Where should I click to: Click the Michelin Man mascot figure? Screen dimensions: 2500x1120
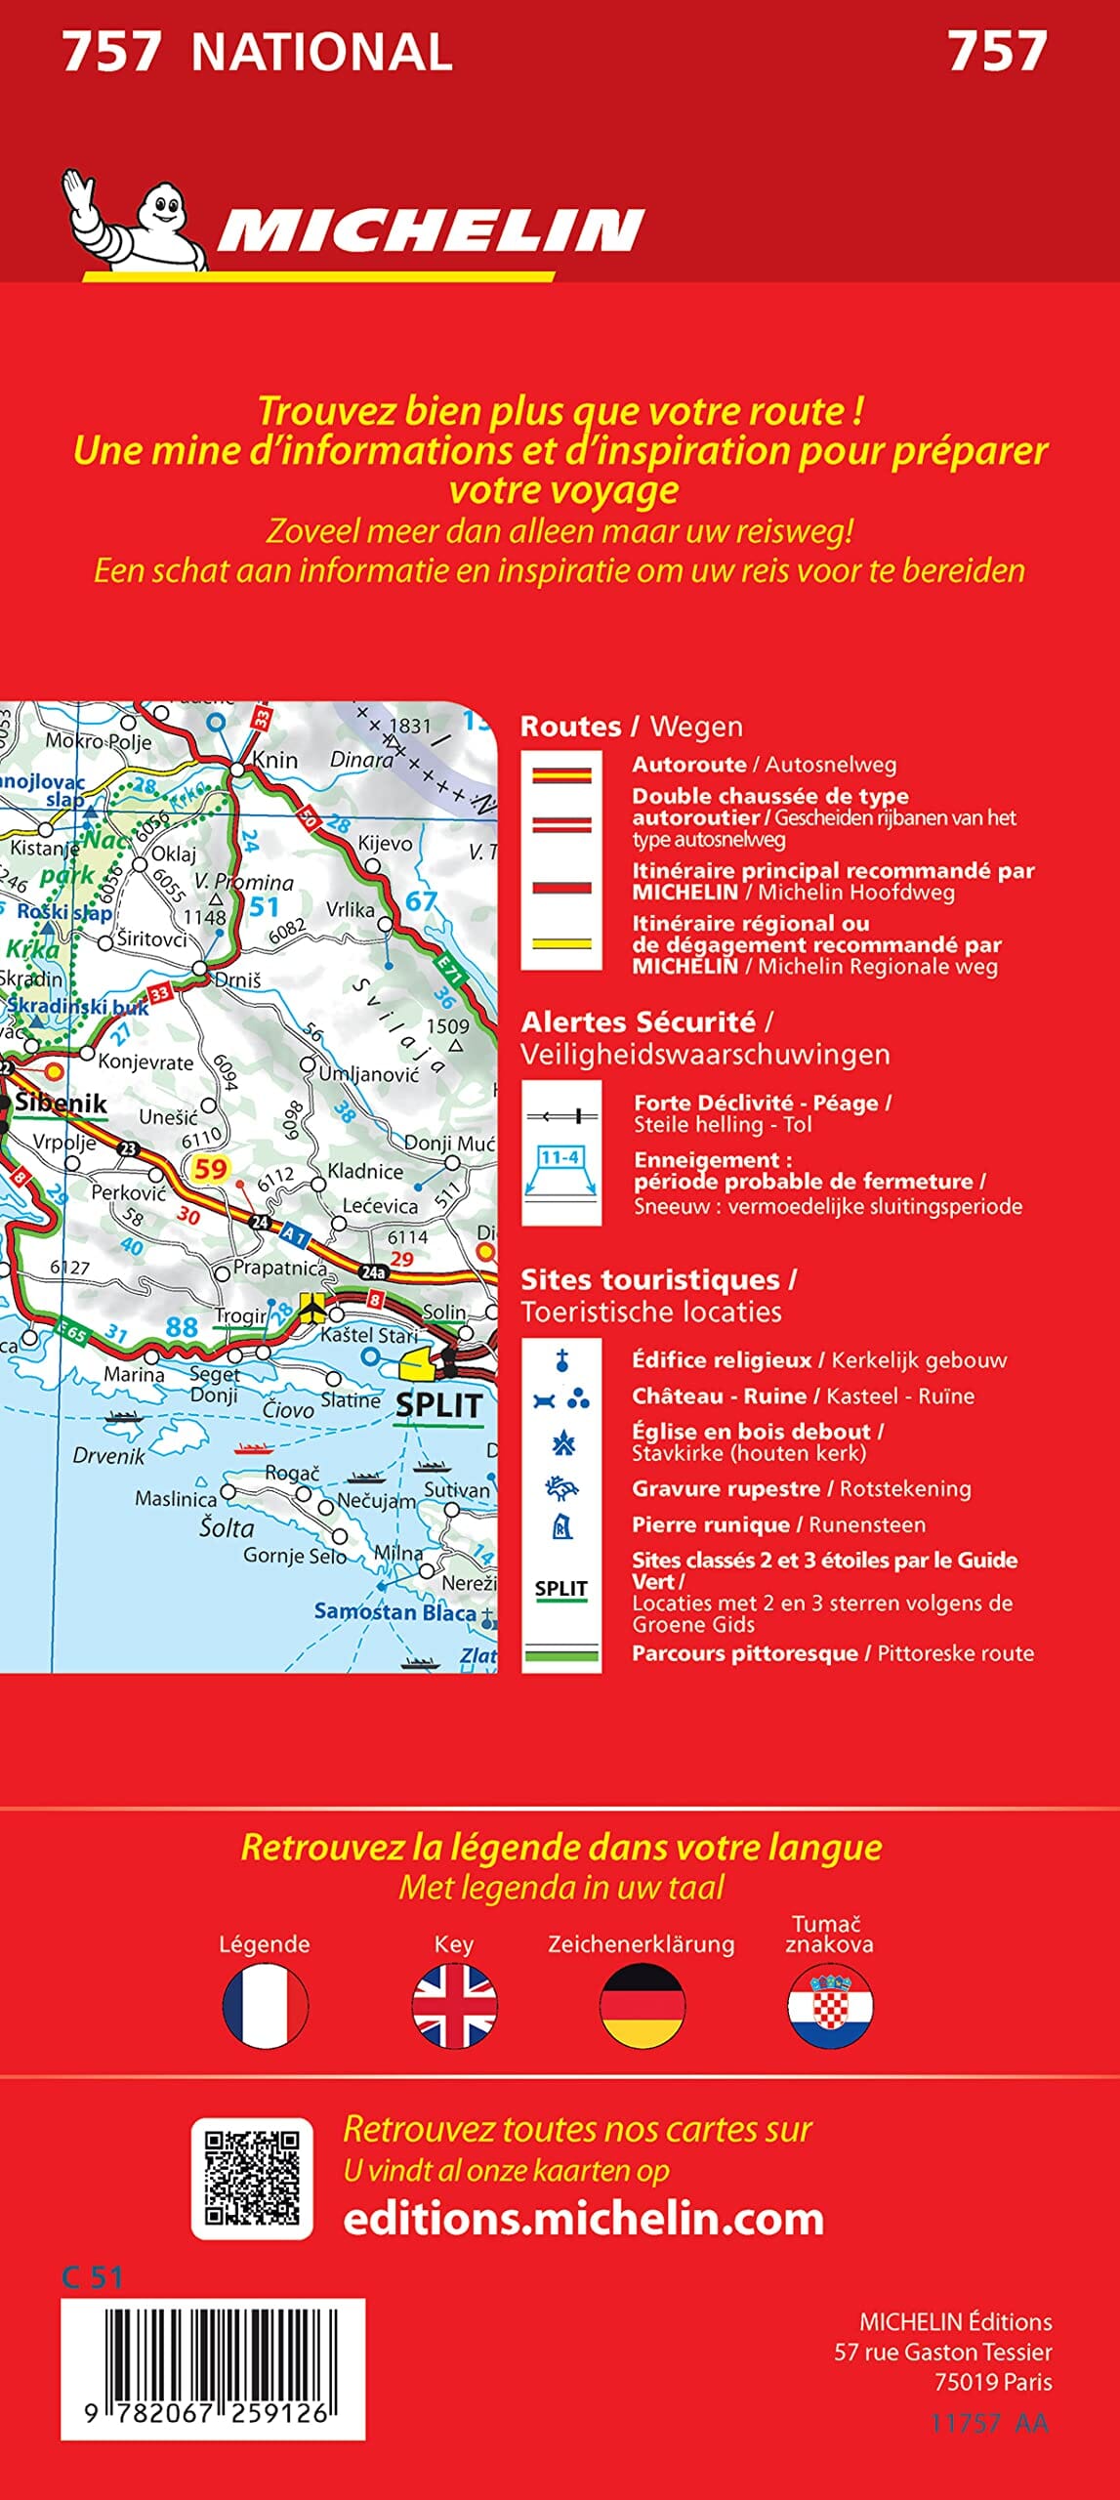click(x=137, y=220)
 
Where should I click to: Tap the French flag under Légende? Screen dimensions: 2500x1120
click(x=265, y=2006)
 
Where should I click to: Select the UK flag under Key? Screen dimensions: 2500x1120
click(x=454, y=2006)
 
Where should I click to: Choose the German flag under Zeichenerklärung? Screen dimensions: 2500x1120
click(x=642, y=2006)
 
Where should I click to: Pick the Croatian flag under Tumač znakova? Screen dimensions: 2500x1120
click(x=830, y=2006)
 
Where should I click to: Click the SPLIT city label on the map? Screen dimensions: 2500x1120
click(x=438, y=1405)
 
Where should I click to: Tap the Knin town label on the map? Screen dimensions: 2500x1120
click(x=274, y=760)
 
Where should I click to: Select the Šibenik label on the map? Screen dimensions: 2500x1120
click(x=61, y=1104)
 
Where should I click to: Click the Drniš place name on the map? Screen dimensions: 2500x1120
click(x=237, y=979)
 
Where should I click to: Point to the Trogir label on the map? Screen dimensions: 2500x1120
click(x=240, y=1315)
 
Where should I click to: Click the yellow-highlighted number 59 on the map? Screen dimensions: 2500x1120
click(x=210, y=1168)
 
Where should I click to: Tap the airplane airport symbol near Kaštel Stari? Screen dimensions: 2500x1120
click(x=311, y=1305)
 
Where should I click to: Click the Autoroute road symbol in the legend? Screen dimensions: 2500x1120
click(x=561, y=776)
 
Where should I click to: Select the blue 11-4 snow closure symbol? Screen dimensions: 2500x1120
click(x=560, y=1158)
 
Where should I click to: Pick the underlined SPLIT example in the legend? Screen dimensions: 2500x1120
click(x=560, y=1589)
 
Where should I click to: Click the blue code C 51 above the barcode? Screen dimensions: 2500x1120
click(x=92, y=2277)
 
